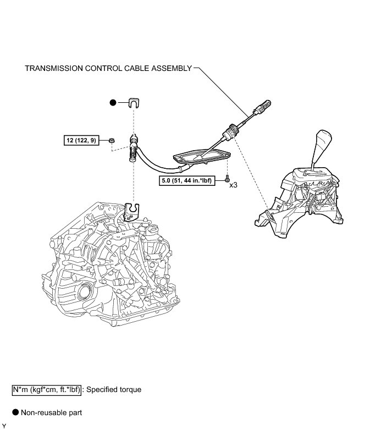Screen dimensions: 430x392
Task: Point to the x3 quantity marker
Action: pos(234,186)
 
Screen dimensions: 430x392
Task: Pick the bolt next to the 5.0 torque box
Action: pos(227,179)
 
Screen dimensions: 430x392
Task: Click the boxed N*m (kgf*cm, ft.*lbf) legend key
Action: pos(47,390)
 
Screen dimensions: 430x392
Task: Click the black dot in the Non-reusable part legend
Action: pos(15,412)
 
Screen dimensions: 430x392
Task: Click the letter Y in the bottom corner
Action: pos(3,426)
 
